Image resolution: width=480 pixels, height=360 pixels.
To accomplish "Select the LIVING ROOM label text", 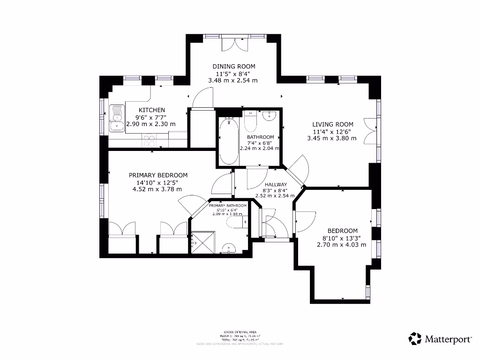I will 333,124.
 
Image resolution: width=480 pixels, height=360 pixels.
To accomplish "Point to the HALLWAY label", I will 275,185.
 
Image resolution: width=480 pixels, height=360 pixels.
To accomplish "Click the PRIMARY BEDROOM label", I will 158,175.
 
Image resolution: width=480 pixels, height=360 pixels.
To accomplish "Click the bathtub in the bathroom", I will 228,141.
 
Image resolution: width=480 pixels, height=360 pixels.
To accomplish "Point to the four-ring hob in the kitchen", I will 150,139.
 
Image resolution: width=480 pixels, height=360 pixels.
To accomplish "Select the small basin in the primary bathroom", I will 228,248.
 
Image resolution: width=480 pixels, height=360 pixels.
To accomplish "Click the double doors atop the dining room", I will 233,44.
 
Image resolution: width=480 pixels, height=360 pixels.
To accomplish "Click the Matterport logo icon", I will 415,338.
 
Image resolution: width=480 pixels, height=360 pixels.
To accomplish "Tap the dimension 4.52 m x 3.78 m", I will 157,189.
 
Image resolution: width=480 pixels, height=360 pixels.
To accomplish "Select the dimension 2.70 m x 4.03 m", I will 341,244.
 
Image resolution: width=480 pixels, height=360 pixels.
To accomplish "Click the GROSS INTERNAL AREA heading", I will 240,332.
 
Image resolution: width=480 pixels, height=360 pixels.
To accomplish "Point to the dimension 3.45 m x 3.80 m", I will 331,138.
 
